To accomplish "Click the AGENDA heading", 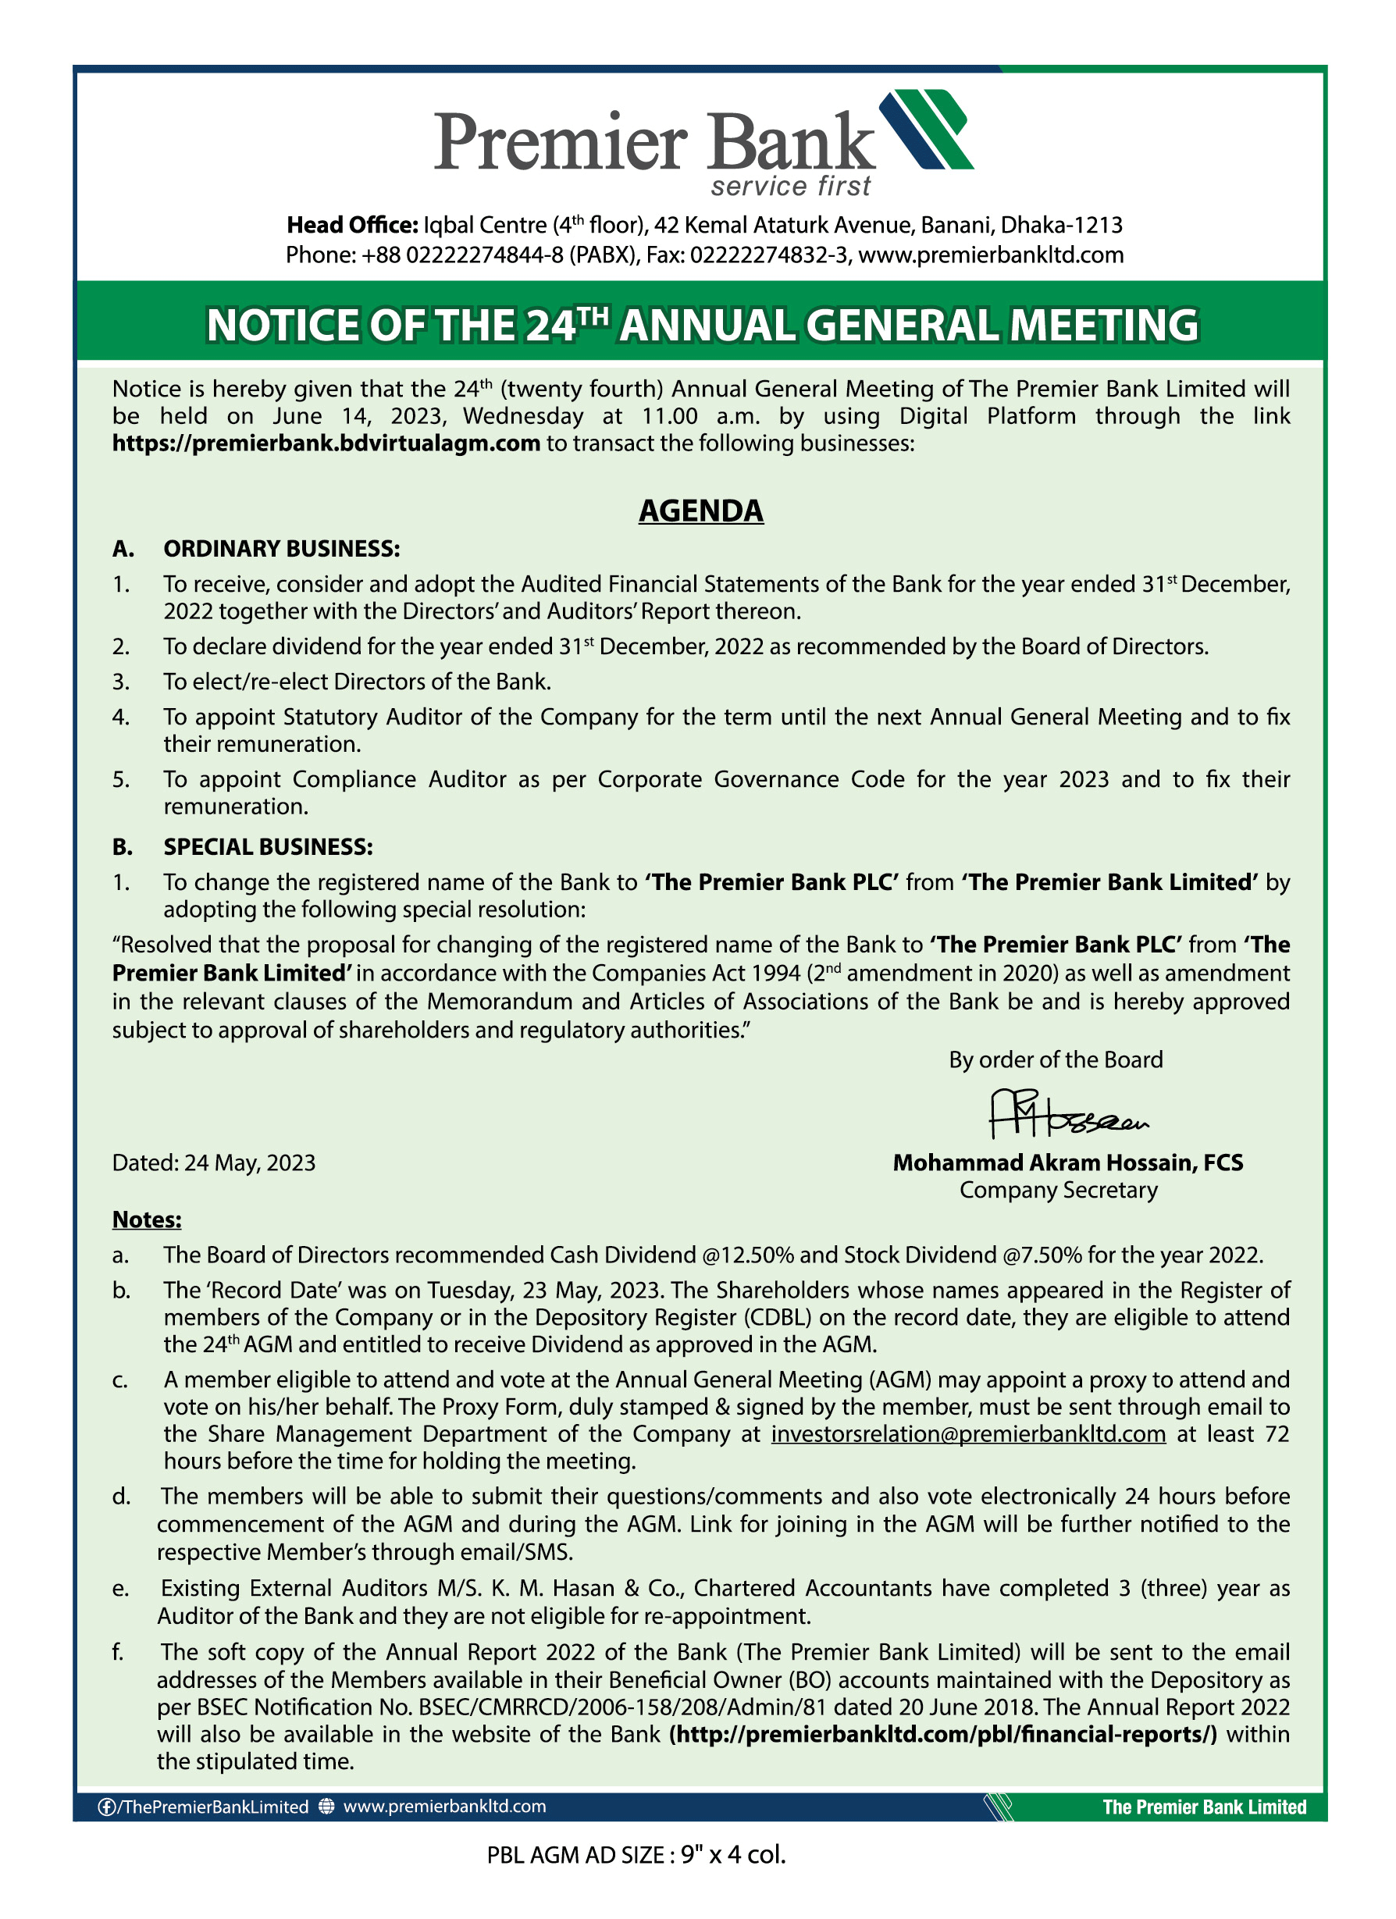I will click(700, 511).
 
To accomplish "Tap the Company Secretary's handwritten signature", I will click(1068, 1114).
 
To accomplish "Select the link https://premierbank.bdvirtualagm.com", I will click(326, 443).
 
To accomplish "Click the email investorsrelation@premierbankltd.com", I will click(968, 1434).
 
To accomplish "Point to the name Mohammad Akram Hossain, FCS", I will click(1068, 1162).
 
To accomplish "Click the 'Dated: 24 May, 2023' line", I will click(214, 1163).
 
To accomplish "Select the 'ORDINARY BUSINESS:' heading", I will click(281, 549).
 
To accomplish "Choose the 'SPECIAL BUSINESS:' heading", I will click(267, 847).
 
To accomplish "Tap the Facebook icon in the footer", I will click(107, 1807).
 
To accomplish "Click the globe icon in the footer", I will click(326, 1807).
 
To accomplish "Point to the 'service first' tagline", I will click(790, 186).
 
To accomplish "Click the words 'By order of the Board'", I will click(1055, 1060).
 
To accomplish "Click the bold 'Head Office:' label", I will click(352, 225).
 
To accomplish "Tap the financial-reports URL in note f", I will click(942, 1735).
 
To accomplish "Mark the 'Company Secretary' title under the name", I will click(1058, 1191).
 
